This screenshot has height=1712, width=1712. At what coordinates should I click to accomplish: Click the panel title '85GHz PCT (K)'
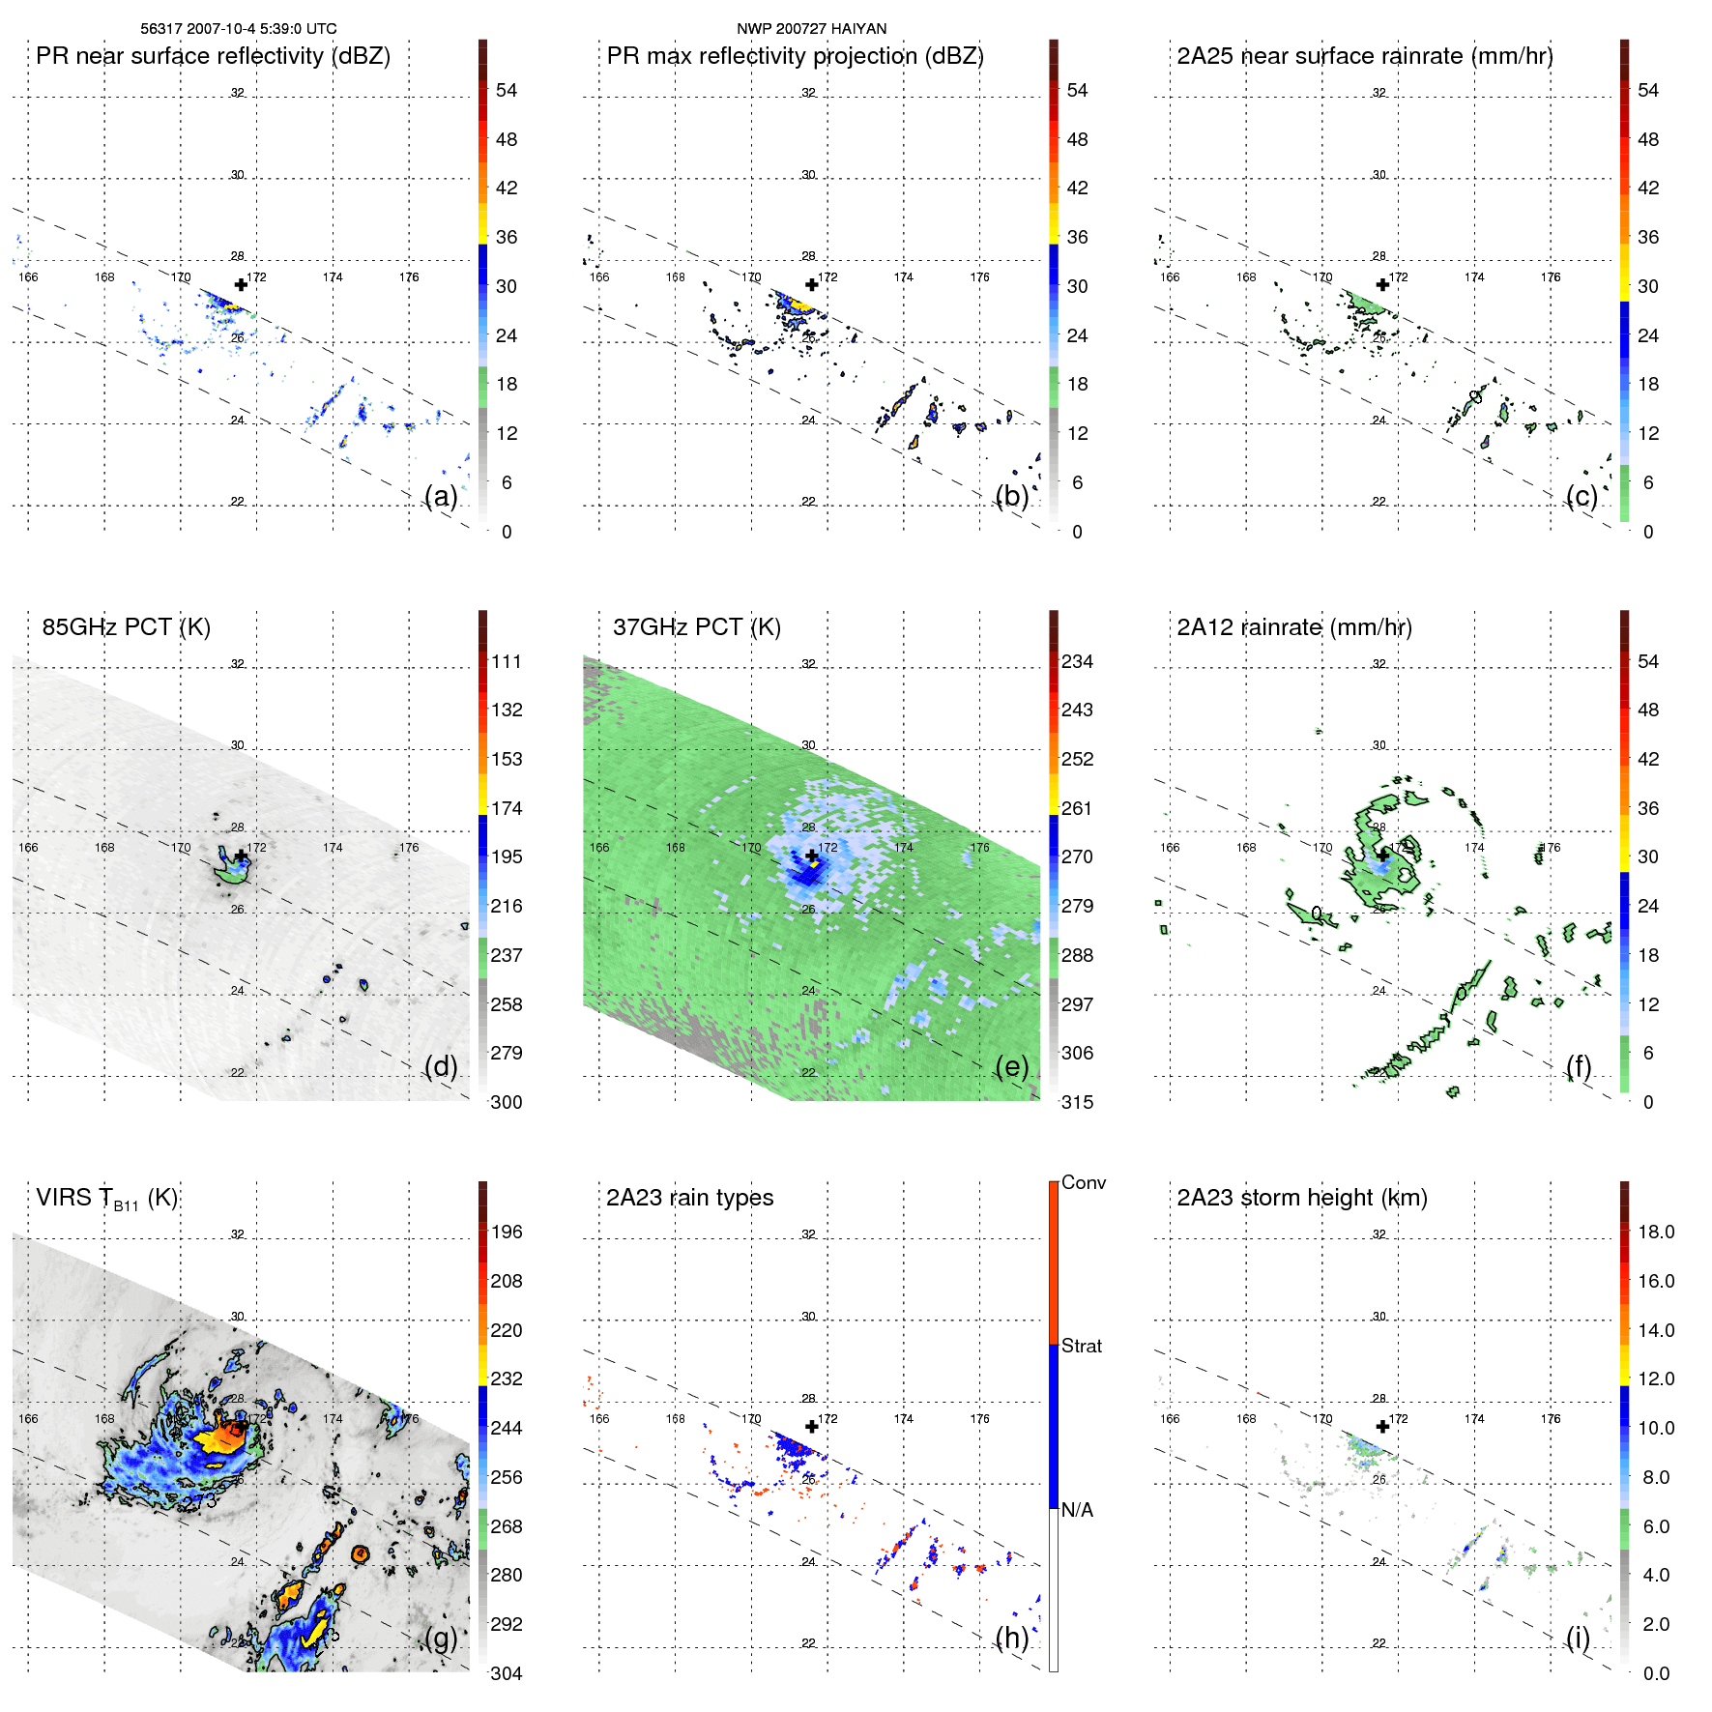[126, 627]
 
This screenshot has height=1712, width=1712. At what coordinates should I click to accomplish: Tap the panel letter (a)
[441, 497]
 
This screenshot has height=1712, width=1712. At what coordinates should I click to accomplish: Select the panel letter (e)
[1011, 1067]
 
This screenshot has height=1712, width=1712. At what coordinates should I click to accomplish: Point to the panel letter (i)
[1578, 1638]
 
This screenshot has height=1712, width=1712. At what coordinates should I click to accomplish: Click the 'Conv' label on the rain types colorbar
[1084, 1183]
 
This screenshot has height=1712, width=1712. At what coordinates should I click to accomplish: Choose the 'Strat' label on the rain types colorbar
[1082, 1347]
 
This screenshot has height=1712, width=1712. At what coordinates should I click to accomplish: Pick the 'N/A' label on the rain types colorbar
[1077, 1510]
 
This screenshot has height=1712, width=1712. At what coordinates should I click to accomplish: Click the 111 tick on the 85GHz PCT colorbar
[507, 662]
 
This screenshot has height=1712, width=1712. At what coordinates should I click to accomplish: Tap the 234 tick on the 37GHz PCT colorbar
[1077, 662]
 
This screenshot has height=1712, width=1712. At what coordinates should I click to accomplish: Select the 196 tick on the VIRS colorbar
[507, 1233]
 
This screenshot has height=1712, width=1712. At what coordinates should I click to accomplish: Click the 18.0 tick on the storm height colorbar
[1656, 1233]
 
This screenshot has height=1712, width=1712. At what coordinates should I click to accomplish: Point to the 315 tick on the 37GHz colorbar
[1077, 1103]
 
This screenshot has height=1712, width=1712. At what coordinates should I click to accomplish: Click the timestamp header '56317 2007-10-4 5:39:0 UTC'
[239, 29]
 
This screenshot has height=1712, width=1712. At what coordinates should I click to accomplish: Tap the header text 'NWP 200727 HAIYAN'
[811, 29]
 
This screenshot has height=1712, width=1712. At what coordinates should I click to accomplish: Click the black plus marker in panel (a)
[241, 284]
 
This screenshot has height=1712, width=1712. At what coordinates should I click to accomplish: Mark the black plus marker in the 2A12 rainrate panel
[1382, 855]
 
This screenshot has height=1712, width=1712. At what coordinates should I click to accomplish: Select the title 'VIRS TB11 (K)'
[106, 1199]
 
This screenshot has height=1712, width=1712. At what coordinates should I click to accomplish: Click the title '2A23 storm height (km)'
[1302, 1198]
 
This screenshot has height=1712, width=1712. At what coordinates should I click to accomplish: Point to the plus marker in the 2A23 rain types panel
[811, 1426]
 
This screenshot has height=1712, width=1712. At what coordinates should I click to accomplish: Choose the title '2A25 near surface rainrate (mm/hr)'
[1365, 56]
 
